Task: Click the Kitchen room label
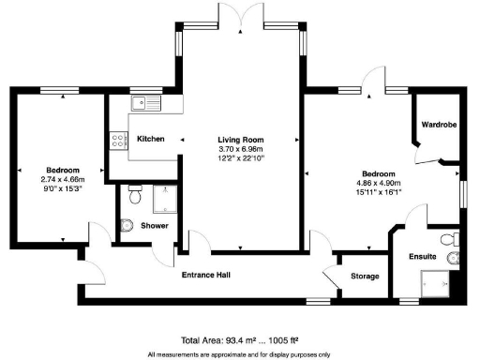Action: pos(151,139)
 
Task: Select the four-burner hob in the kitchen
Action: pos(120,141)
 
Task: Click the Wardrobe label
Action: pos(438,123)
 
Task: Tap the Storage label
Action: pos(365,277)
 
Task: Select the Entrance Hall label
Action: pos(206,276)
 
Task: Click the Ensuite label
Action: pos(423,255)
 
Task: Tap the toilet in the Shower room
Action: pos(134,197)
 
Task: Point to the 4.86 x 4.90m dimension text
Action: pos(379,185)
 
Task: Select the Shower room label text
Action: pos(154,225)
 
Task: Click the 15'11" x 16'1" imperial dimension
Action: pos(379,194)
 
